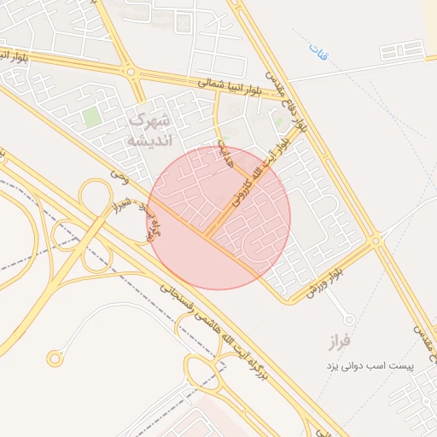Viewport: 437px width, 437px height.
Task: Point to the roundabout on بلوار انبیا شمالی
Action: pyautogui.click(x=130, y=71)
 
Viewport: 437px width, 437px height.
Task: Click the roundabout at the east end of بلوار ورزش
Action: pyautogui.click(x=376, y=242)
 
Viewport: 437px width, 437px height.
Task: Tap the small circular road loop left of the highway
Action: pyautogui.click(x=55, y=358)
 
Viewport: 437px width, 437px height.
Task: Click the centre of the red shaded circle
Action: pyautogui.click(x=219, y=218)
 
